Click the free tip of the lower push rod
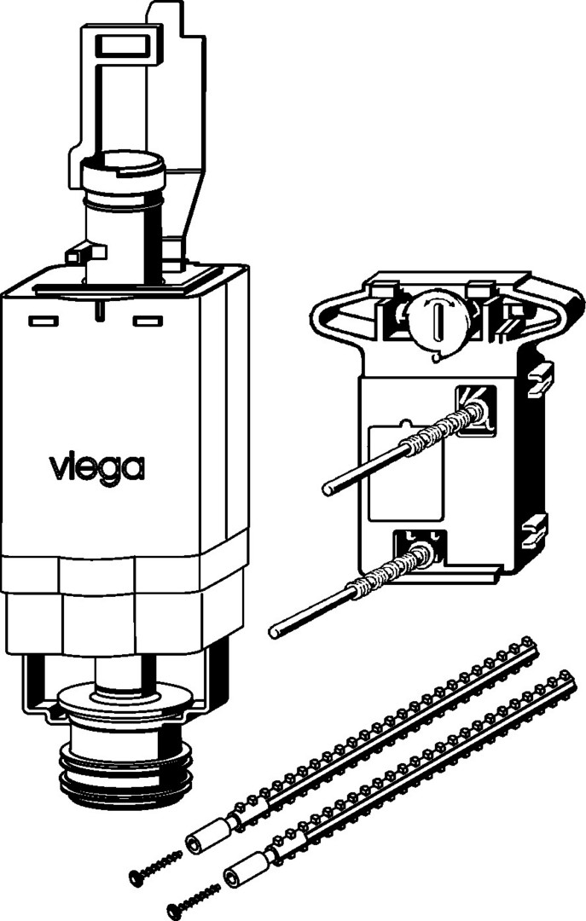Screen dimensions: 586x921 pyautogui.click(x=275, y=632)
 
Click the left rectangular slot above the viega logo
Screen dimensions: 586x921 pyautogui.click(x=44, y=321)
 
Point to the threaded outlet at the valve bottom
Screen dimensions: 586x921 pyautogui.click(x=126, y=775)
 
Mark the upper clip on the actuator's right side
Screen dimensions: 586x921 pyautogui.click(x=540, y=379)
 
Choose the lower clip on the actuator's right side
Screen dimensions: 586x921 pyautogui.click(x=536, y=530)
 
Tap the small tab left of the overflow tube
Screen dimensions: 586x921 pyautogui.click(x=82, y=254)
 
